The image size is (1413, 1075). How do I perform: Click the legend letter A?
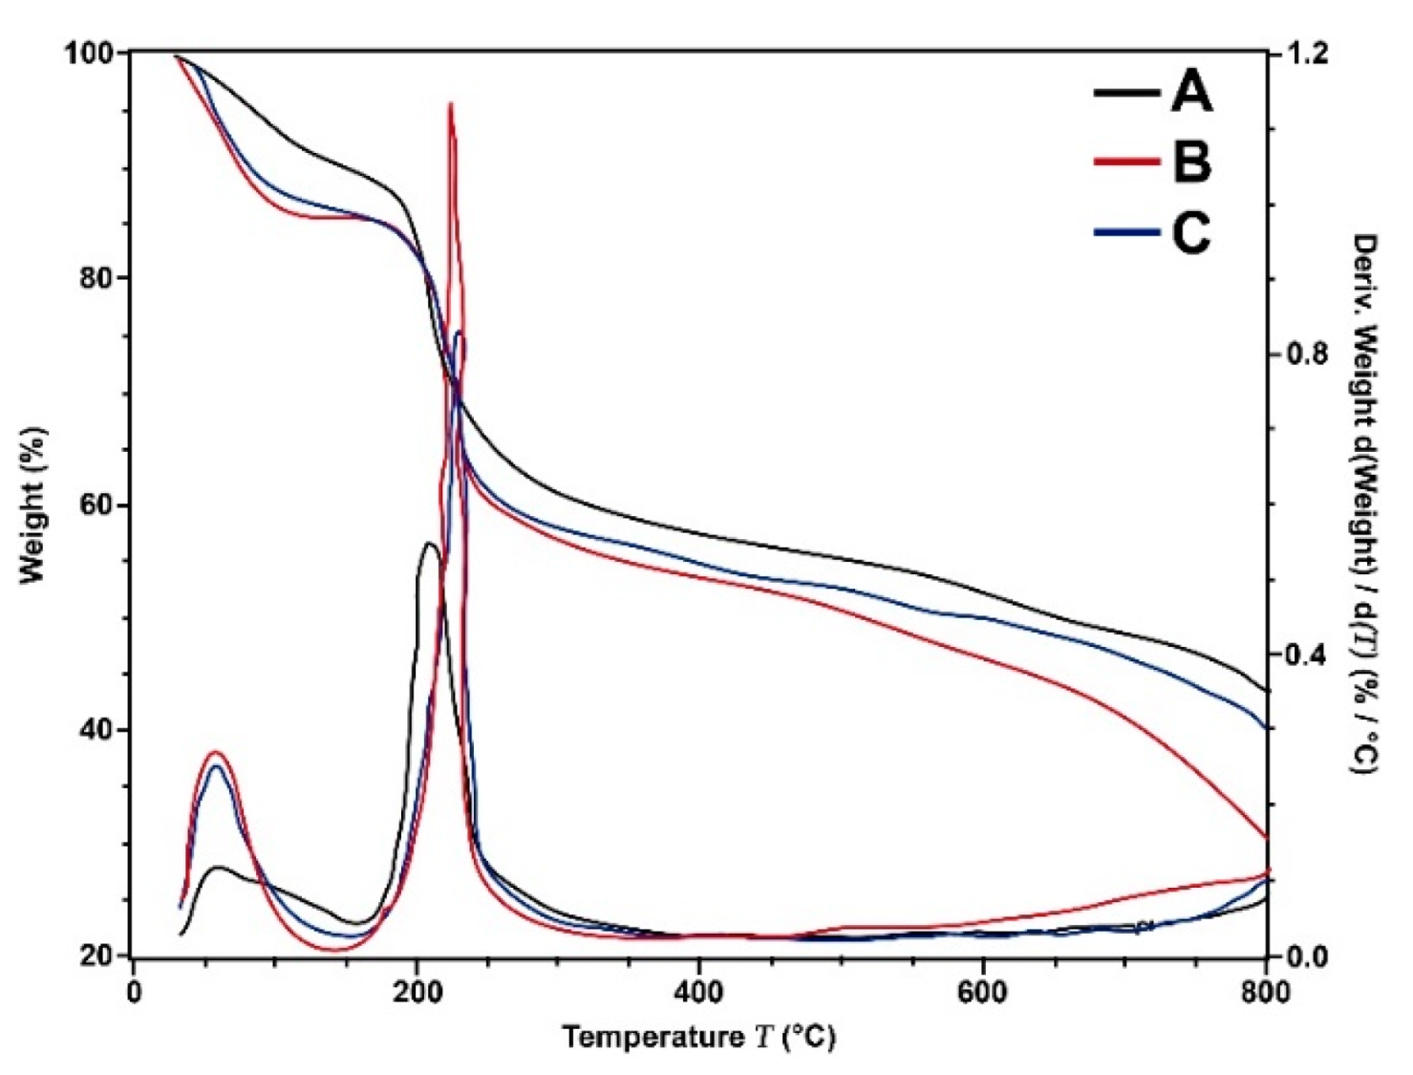coord(1191,93)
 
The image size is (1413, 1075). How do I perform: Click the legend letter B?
coord(1191,161)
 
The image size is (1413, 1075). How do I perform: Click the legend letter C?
coord(1191,232)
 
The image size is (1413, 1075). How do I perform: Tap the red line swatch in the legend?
coord(1127,161)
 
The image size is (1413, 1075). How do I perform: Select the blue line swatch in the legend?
coord(1127,232)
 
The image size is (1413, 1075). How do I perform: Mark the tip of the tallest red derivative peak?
coord(450,103)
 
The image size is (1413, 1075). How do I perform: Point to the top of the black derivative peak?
coord(429,543)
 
